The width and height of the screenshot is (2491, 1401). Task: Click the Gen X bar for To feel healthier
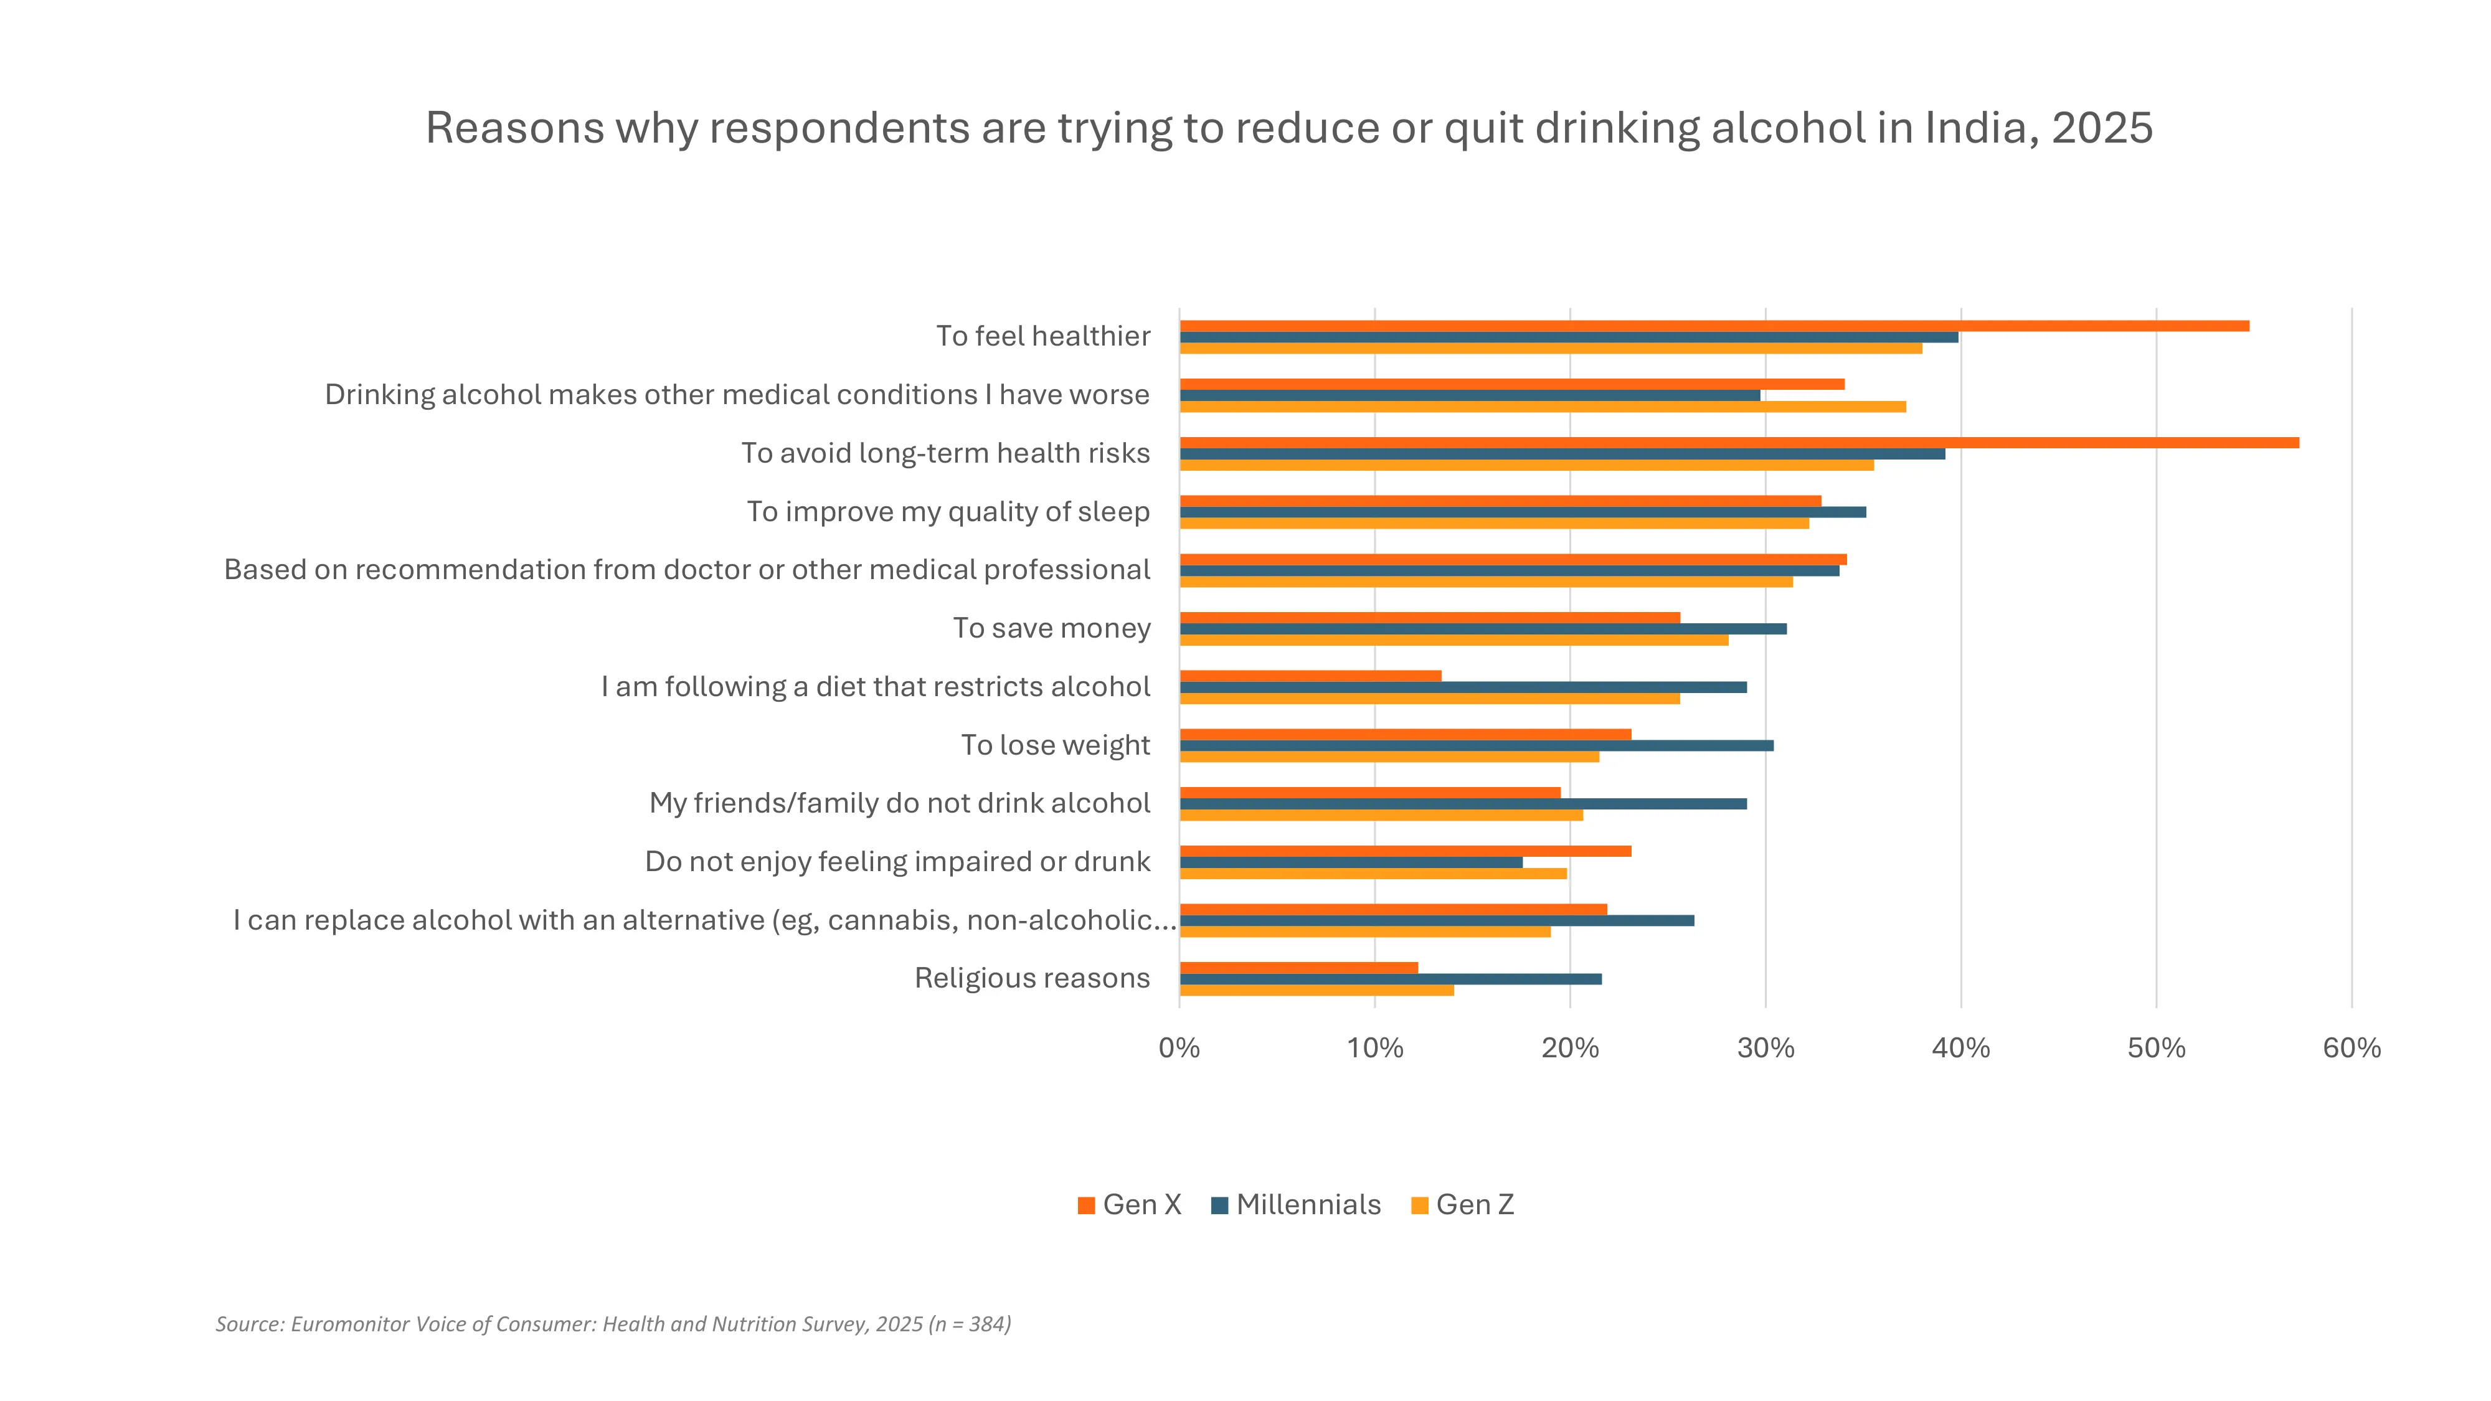pyautogui.click(x=1714, y=326)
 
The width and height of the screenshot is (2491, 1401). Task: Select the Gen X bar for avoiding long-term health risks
pyautogui.click(x=1739, y=443)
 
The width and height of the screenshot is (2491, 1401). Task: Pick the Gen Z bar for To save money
pyautogui.click(x=1453, y=640)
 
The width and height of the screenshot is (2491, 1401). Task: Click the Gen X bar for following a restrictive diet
pyautogui.click(x=1310, y=676)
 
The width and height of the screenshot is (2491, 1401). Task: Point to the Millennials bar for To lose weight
pyautogui.click(x=1476, y=745)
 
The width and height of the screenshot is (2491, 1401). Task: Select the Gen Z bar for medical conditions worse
pyautogui.click(x=1543, y=407)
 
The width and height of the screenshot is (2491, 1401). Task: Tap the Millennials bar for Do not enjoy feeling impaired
pyautogui.click(x=1351, y=862)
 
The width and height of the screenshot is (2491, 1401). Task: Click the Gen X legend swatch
pyautogui.click(x=1086, y=1205)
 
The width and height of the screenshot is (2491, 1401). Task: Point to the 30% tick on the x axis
pyautogui.click(x=1765, y=1048)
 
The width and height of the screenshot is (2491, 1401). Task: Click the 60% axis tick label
pyautogui.click(x=2351, y=1048)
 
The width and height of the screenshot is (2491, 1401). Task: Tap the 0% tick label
pyautogui.click(x=1179, y=1048)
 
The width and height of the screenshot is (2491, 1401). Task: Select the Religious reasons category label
pyautogui.click(x=1032, y=978)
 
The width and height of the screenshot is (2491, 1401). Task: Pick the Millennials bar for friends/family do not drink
pyautogui.click(x=1462, y=803)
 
